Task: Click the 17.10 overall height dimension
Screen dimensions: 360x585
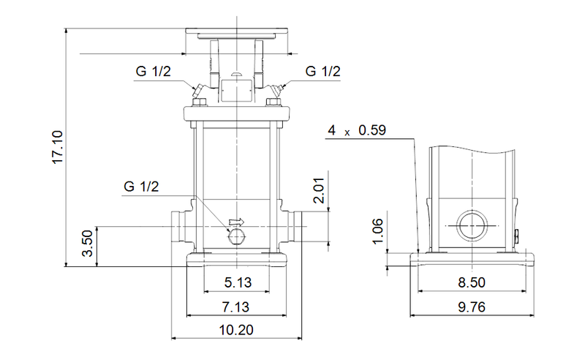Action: pos(58,149)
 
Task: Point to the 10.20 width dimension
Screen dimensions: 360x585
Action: pos(235,331)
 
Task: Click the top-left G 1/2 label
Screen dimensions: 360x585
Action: pos(153,72)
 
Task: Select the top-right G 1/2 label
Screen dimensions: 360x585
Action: pos(322,72)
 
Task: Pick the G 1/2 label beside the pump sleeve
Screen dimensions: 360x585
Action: pos(141,187)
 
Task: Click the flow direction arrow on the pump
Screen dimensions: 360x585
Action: pos(235,222)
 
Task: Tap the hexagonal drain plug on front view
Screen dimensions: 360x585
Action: pos(235,235)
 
